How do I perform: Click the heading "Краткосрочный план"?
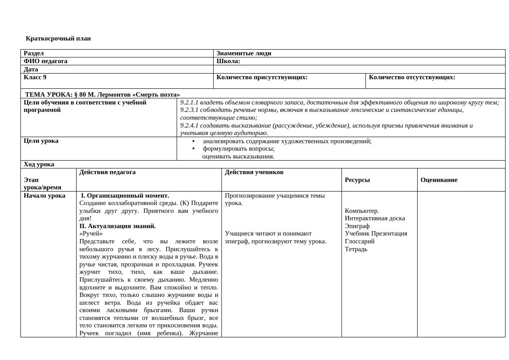point(58,38)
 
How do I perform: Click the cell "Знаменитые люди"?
point(244,54)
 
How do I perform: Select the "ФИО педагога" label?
point(46,61)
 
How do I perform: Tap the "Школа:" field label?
point(228,61)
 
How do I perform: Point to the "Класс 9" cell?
point(35,77)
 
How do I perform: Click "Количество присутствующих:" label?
point(262,77)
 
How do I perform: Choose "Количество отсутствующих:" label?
point(412,77)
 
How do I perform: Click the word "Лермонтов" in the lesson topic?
point(114,94)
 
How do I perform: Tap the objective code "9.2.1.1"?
point(189,103)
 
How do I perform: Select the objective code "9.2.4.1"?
point(189,126)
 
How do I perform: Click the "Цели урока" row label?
point(41,141)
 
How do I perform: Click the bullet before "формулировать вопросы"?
point(194,149)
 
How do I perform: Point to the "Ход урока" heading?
point(39,165)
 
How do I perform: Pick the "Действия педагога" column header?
point(107,172)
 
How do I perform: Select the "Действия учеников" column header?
point(254,172)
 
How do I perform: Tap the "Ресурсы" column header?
point(357,180)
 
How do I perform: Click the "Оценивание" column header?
point(439,180)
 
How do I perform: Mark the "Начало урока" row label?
point(44,196)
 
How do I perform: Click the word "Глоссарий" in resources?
point(360,242)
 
